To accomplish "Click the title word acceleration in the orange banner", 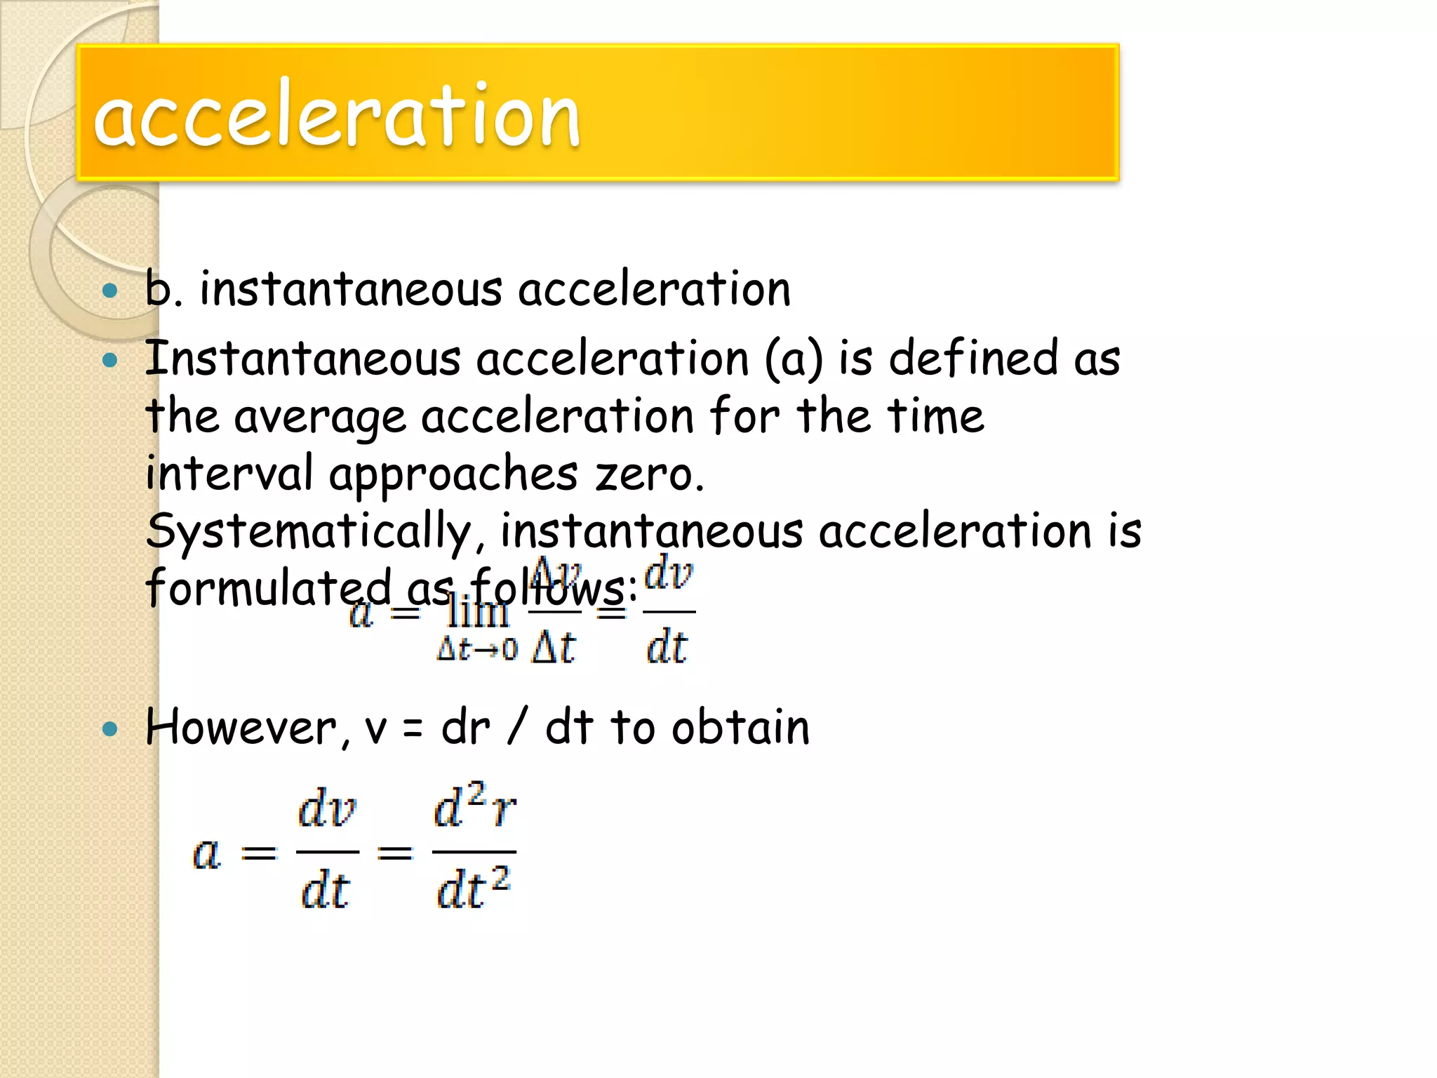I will click(337, 114).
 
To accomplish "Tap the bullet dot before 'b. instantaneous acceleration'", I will click(109, 291).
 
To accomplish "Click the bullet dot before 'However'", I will click(109, 728).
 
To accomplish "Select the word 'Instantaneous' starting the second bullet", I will click(302, 359).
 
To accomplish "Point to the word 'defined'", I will click(973, 359).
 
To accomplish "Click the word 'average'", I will click(319, 417).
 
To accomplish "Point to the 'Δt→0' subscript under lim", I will click(477, 648).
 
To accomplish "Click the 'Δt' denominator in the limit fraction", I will click(554, 647).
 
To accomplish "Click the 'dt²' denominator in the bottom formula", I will click(473, 889).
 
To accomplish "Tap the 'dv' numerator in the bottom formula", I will click(327, 809).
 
